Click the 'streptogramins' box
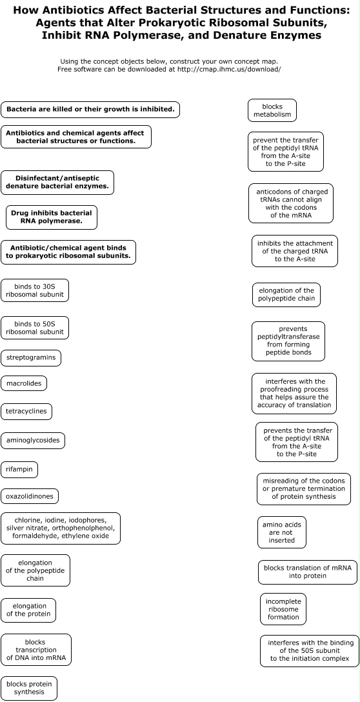31,357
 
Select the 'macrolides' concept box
24,383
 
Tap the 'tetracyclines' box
26,411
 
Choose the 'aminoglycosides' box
33,440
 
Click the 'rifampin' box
19,470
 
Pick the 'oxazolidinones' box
30,496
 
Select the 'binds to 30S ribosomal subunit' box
35,290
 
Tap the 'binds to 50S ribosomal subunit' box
35,328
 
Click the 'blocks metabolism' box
272,110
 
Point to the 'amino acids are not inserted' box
282,532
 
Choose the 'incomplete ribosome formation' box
283,609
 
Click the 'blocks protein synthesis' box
29,688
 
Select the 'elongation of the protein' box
28,610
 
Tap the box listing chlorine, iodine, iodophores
61,528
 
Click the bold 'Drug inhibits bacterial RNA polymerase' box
52,217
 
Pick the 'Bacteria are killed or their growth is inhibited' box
90,109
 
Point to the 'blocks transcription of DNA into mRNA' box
36,650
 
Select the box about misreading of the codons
304,489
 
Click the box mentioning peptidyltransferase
288,341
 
